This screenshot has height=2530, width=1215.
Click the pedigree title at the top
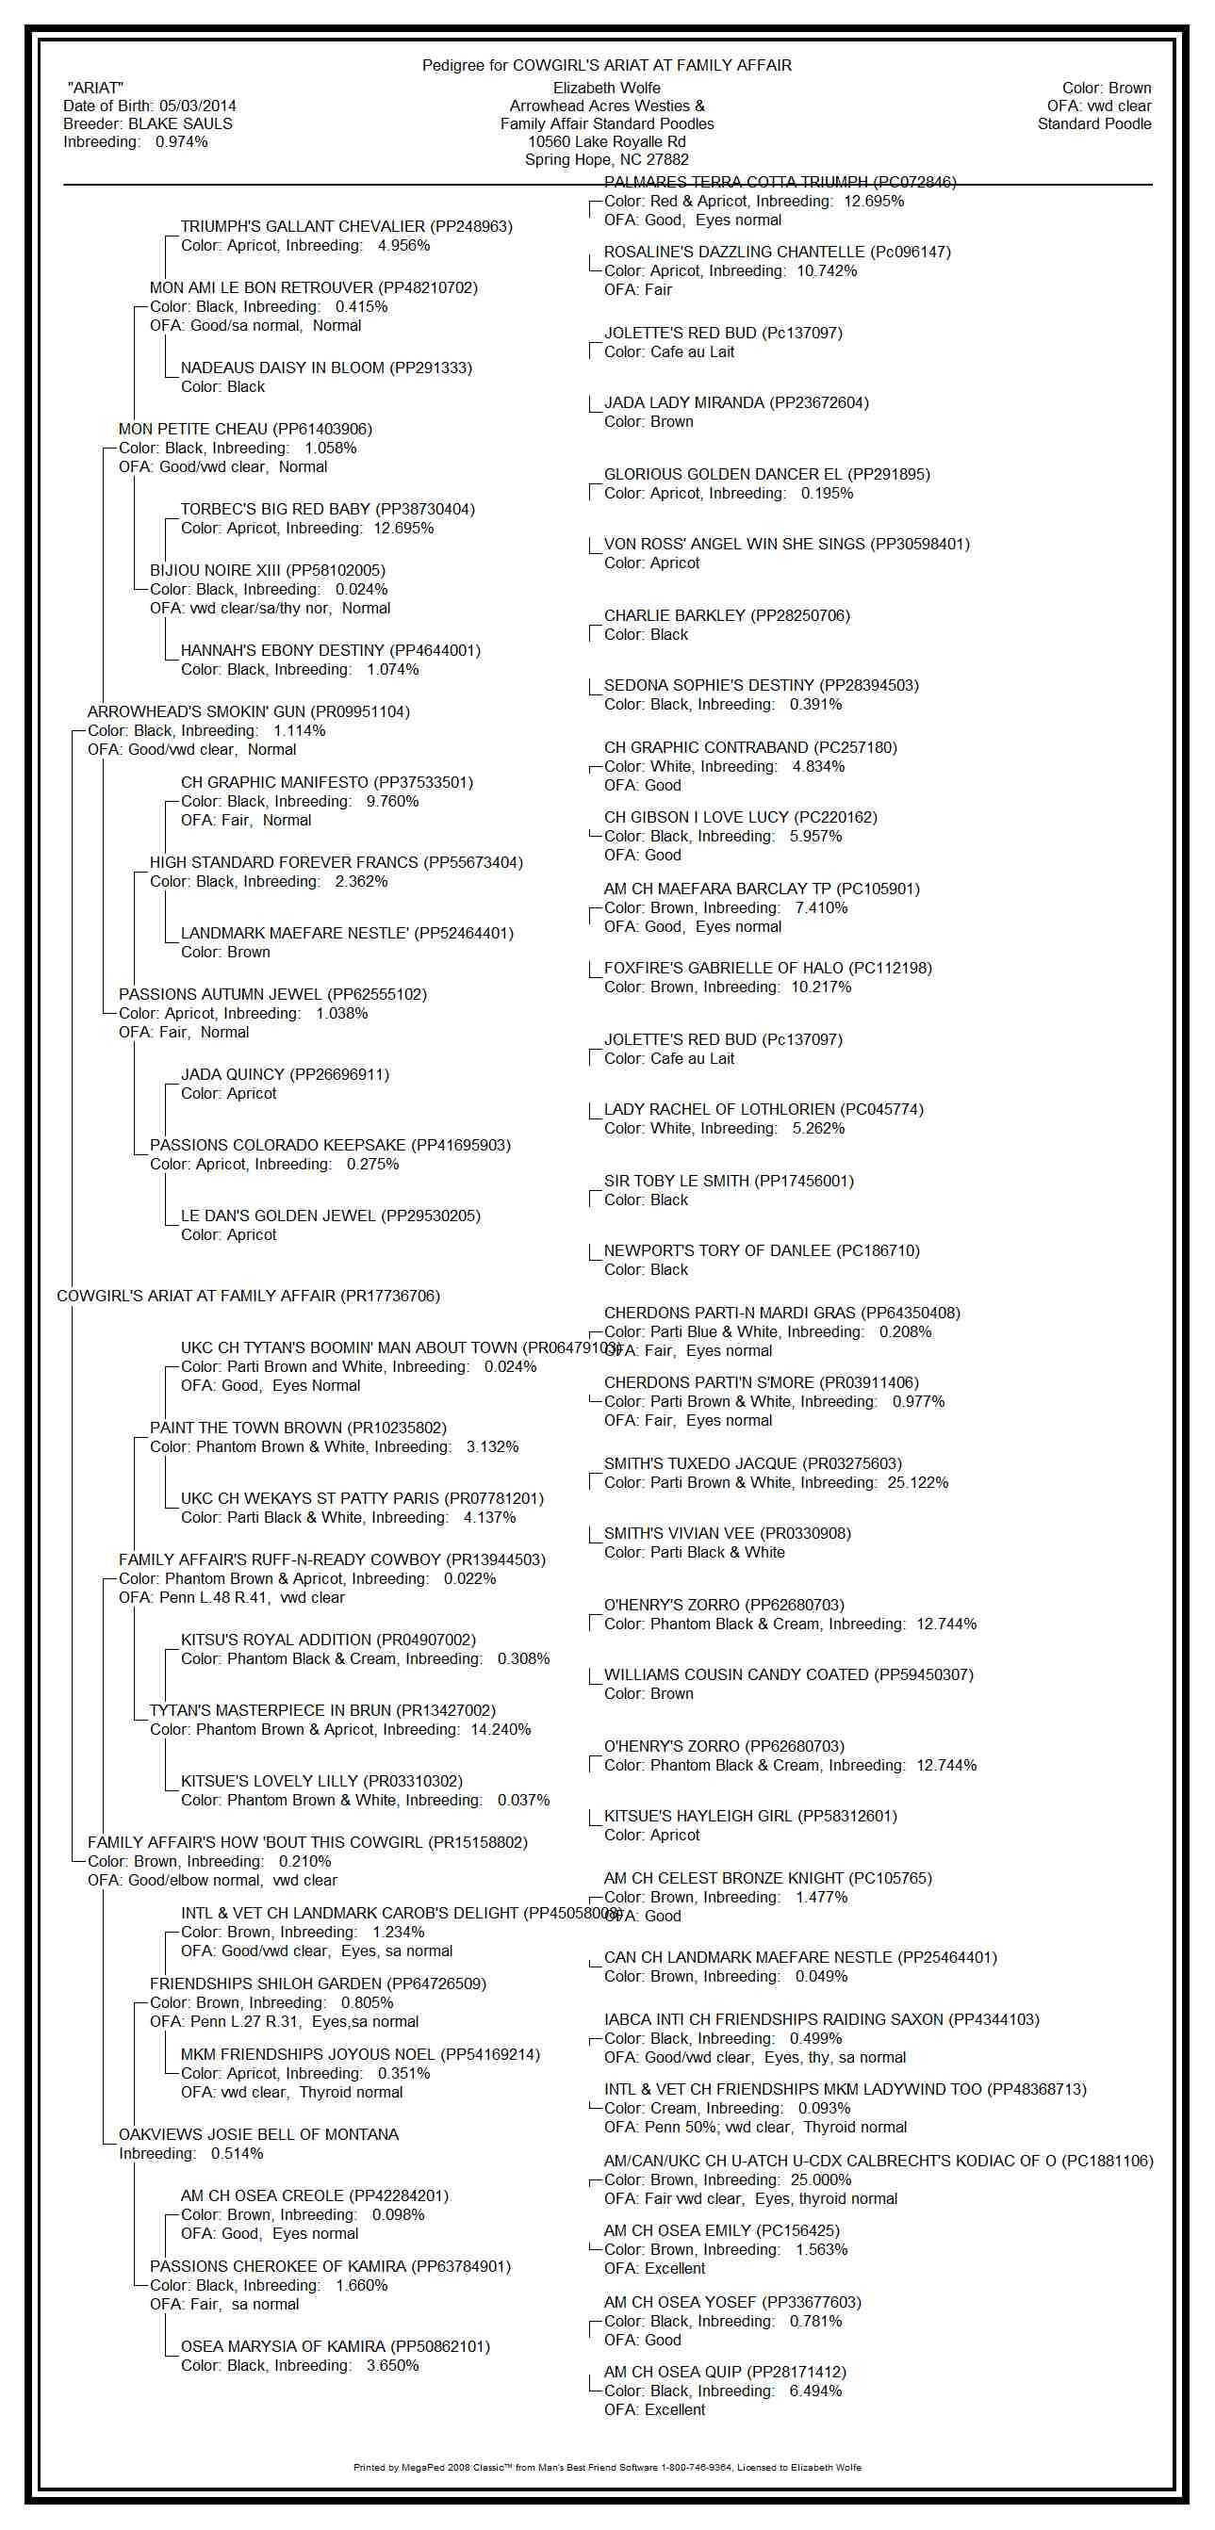pyautogui.click(x=606, y=65)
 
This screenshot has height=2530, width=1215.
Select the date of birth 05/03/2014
pyautogui.click(x=197, y=106)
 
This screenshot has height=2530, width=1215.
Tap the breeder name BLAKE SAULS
pyautogui.click(x=180, y=123)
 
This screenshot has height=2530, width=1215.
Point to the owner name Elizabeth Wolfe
pyautogui.click(x=606, y=89)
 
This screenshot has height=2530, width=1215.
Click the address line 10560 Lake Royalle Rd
pyautogui.click(x=606, y=141)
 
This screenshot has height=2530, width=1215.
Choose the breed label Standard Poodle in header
pyautogui.click(x=1093, y=123)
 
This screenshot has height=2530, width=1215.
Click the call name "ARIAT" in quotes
pyautogui.click(x=95, y=89)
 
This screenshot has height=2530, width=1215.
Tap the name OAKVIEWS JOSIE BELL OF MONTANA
pyautogui.click(x=258, y=2134)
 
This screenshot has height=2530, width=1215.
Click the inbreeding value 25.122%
pyautogui.click(x=917, y=1482)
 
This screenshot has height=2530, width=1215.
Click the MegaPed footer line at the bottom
pyautogui.click(x=606, y=2467)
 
